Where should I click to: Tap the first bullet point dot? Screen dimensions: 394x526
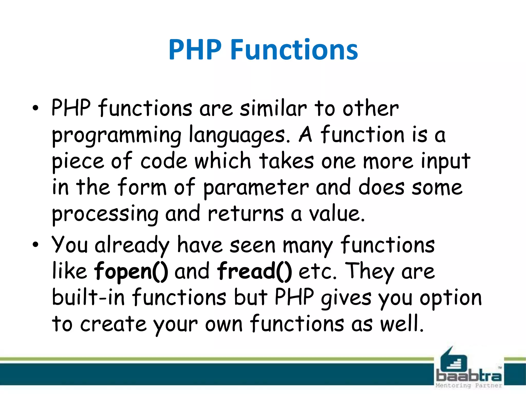pyautogui.click(x=35, y=109)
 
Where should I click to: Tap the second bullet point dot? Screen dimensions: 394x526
pyautogui.click(x=35, y=245)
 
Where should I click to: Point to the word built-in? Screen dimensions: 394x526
pyautogui.click(x=88, y=298)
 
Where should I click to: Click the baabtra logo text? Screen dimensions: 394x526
pyautogui.click(x=468, y=376)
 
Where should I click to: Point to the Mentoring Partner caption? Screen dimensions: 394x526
pyautogui.click(x=468, y=386)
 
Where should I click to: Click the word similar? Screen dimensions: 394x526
pyautogui.click(x=273, y=109)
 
